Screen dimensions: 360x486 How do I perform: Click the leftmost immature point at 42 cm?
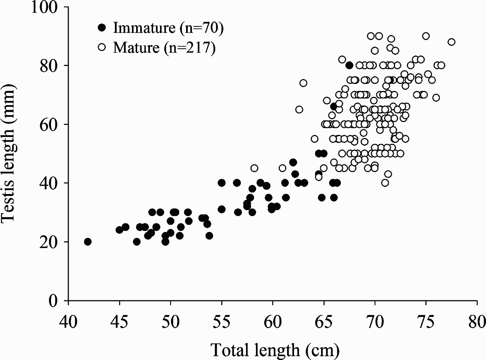tap(88, 242)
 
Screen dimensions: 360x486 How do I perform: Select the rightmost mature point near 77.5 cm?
tap(451, 42)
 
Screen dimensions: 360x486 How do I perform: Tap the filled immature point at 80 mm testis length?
tap(349, 65)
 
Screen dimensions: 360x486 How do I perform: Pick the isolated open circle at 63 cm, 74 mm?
tap(303, 83)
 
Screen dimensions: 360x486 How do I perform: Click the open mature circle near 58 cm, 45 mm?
tap(254, 168)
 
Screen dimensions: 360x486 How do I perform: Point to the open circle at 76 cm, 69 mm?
tap(436, 98)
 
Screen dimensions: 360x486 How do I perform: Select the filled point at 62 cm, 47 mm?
tap(293, 162)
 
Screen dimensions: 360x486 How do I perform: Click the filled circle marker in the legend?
tap(102, 28)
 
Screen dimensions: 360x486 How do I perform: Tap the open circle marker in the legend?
tap(102, 48)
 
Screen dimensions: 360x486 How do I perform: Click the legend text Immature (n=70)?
tap(168, 28)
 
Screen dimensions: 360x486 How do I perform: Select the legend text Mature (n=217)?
tap(164, 48)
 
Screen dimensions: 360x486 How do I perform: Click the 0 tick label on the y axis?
tap(53, 300)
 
